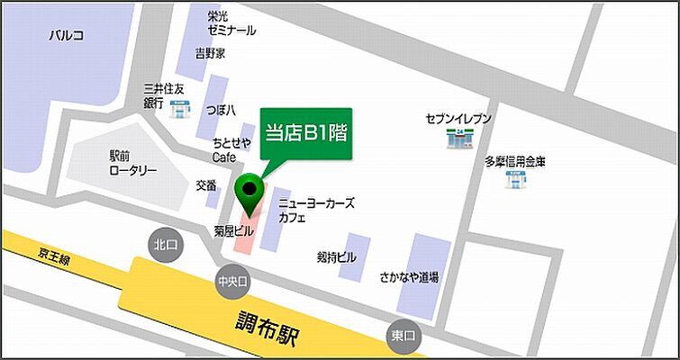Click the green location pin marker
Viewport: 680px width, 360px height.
(249, 191)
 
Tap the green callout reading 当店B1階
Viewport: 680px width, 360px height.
(305, 135)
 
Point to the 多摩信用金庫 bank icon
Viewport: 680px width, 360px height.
(515, 181)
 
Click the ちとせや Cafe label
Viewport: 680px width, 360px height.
(231, 149)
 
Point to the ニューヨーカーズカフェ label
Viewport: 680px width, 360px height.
(316, 211)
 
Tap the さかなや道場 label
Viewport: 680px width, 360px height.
(411, 278)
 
